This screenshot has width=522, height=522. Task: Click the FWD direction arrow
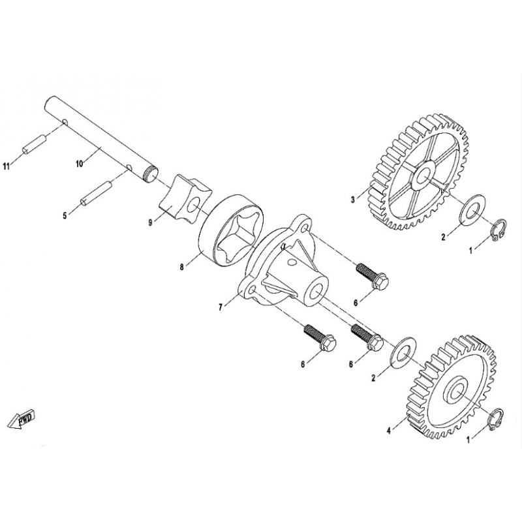[22, 419]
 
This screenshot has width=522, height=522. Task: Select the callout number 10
[80, 164]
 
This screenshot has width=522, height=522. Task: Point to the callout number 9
[151, 223]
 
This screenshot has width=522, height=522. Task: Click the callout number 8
[182, 268]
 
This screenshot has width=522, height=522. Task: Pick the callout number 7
[221, 307]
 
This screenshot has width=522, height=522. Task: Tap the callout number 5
[65, 216]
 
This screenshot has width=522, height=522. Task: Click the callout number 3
[353, 200]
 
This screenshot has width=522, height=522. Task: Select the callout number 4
[388, 431]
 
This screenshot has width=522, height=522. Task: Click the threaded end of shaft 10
[151, 175]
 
